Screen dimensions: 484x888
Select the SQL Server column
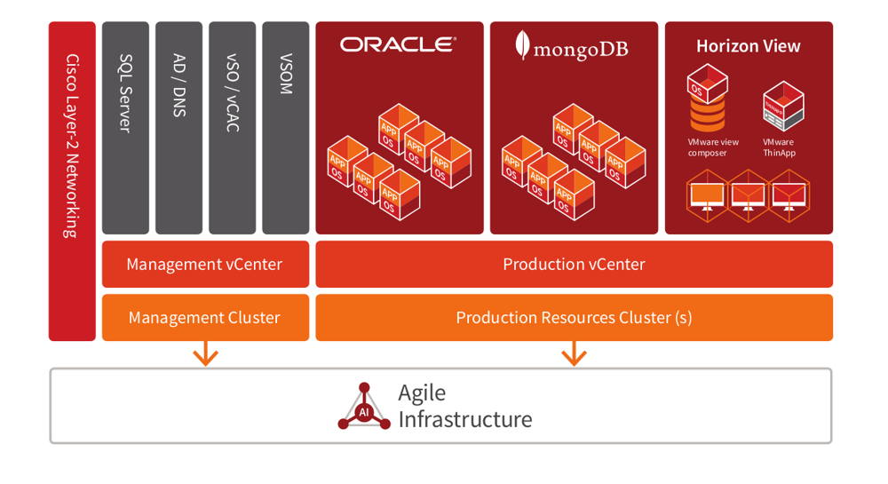(125, 127)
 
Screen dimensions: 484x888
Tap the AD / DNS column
(178, 127)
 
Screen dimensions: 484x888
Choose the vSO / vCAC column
(232, 127)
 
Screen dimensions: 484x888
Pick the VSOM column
(285, 127)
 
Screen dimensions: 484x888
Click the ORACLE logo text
(398, 45)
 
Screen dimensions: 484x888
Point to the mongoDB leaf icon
(524, 45)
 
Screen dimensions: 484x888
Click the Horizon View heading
(748, 46)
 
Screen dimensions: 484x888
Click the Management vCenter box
(205, 264)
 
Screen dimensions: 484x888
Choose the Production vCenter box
(574, 264)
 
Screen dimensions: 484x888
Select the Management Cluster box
(205, 317)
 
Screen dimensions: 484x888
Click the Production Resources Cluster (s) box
(574, 317)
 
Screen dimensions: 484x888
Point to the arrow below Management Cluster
(206, 354)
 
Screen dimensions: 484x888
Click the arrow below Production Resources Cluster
(574, 354)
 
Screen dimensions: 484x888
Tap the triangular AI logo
(364, 407)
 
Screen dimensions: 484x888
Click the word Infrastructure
(464, 419)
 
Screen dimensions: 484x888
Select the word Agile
(422, 393)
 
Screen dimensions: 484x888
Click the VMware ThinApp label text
(779, 147)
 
